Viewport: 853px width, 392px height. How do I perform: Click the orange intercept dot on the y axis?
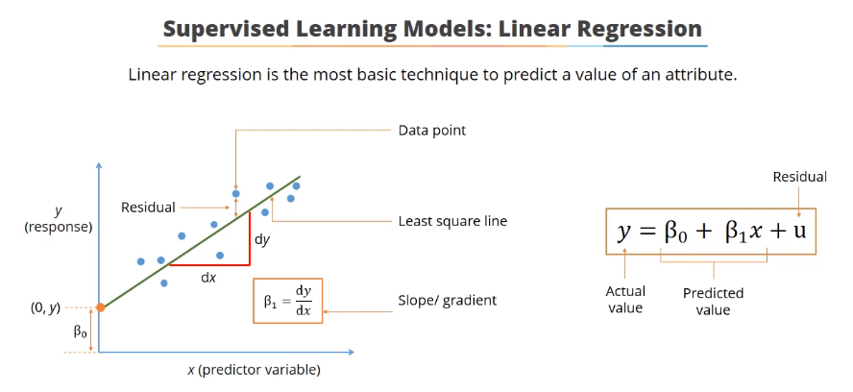tap(100, 307)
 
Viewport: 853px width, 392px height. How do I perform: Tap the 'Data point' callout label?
tap(432, 131)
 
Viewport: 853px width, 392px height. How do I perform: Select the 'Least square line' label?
tap(452, 221)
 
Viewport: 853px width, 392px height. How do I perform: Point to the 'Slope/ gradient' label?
tap(448, 300)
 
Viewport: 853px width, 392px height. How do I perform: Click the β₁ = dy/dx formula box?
tap(288, 301)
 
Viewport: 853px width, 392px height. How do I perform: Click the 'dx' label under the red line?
tap(208, 278)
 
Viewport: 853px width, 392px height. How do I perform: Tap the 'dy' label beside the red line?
tap(263, 239)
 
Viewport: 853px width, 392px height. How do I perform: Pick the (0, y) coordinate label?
tap(45, 308)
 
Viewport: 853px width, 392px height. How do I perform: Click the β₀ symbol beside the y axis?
tap(80, 331)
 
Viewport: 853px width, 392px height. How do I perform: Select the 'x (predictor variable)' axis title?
tap(254, 370)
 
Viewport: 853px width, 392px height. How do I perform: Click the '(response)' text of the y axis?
tap(59, 227)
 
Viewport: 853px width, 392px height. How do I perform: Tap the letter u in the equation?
tap(799, 231)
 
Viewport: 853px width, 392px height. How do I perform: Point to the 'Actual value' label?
tap(625, 300)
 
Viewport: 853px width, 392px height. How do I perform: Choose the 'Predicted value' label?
tap(713, 302)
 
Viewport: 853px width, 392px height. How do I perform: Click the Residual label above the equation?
tap(799, 177)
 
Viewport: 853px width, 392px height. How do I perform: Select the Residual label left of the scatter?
tap(148, 208)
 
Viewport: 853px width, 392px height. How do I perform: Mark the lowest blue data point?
tap(164, 283)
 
